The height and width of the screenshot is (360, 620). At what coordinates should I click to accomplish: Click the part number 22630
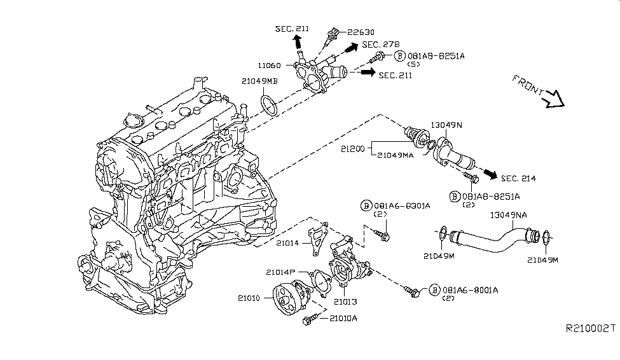pyautogui.click(x=359, y=32)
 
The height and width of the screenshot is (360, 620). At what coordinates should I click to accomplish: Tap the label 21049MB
pyautogui.click(x=259, y=81)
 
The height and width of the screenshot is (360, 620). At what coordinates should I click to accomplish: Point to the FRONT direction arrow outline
pyautogui.click(x=553, y=99)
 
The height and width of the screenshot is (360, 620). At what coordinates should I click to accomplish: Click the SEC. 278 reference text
pyautogui.click(x=381, y=45)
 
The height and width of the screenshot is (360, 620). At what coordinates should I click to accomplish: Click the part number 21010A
pyautogui.click(x=343, y=317)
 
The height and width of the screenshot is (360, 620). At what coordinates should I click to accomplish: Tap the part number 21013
pyautogui.click(x=348, y=301)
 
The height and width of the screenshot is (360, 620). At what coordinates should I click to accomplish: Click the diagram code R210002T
pyautogui.click(x=591, y=328)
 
